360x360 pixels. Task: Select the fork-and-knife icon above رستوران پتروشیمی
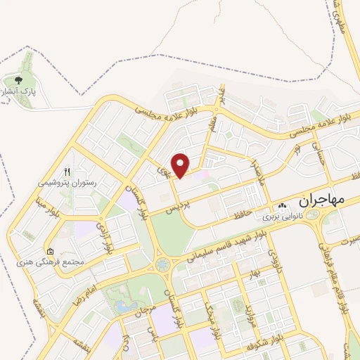pyautogui.click(x=67, y=171)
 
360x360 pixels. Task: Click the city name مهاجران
pyautogui.click(x=323, y=200)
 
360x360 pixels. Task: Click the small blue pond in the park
pyautogui.click(x=124, y=307)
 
